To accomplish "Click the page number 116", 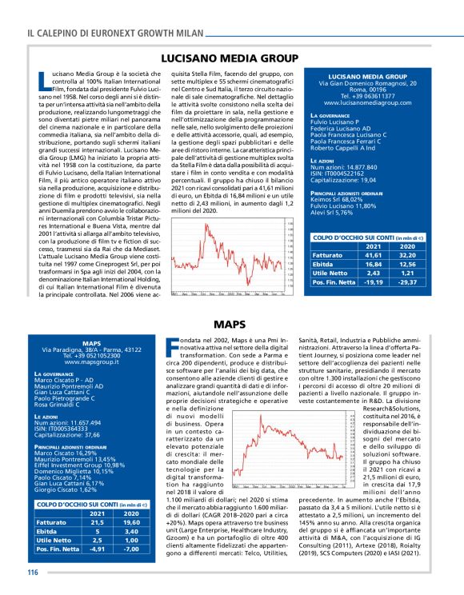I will click(x=34, y=572).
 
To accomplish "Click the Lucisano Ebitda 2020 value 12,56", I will click(x=408, y=264).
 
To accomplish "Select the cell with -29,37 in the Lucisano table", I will click(x=408, y=283).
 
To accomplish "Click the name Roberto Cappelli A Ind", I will click(x=347, y=149).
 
